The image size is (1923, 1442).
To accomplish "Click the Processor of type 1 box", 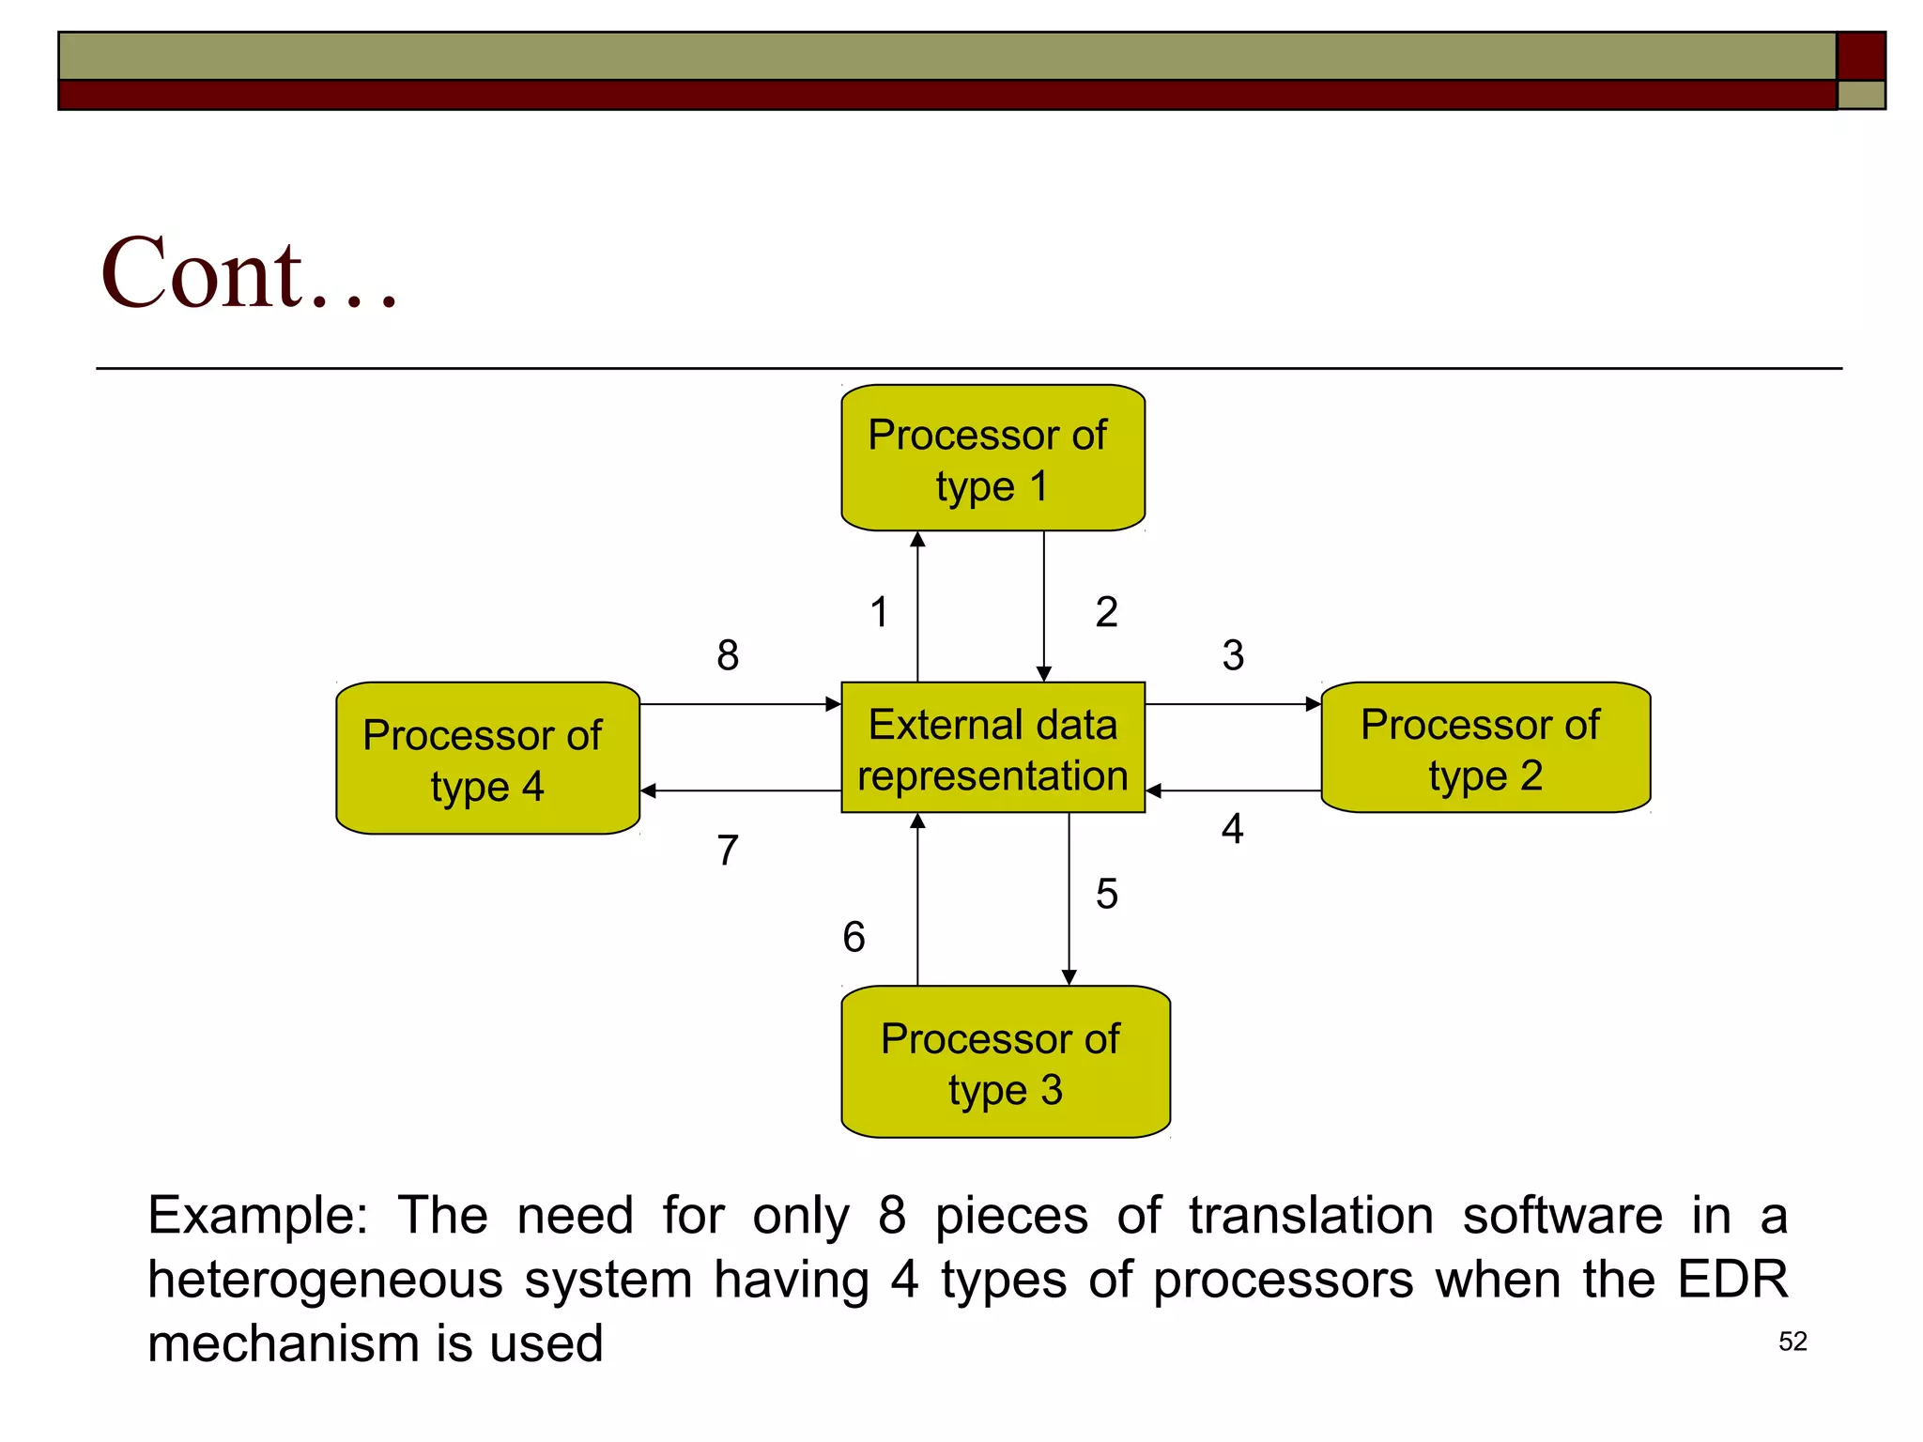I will (992, 458).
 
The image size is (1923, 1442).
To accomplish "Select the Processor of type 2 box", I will (1485, 748).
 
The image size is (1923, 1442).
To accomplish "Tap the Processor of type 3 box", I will (1005, 1062).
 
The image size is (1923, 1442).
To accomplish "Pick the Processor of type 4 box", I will (487, 759).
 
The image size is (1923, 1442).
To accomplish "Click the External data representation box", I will (992, 748).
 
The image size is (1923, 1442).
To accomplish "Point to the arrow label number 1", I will (879, 613).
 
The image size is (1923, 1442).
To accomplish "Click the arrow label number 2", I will (1106, 613).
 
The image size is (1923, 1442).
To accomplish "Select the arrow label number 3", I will (1233, 655).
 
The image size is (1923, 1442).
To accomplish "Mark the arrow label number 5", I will (1106, 895).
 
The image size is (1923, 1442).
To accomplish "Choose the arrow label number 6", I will (854, 937).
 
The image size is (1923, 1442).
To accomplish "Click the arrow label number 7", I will (728, 851).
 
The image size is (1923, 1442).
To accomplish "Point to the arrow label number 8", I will (728, 655).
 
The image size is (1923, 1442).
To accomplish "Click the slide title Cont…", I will (250, 274).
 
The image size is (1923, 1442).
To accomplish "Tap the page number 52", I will (1792, 1342).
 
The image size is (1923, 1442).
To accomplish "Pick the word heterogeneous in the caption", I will (325, 1280).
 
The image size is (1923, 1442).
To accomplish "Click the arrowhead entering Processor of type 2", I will (1314, 704).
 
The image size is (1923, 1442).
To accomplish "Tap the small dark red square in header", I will (1860, 56).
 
